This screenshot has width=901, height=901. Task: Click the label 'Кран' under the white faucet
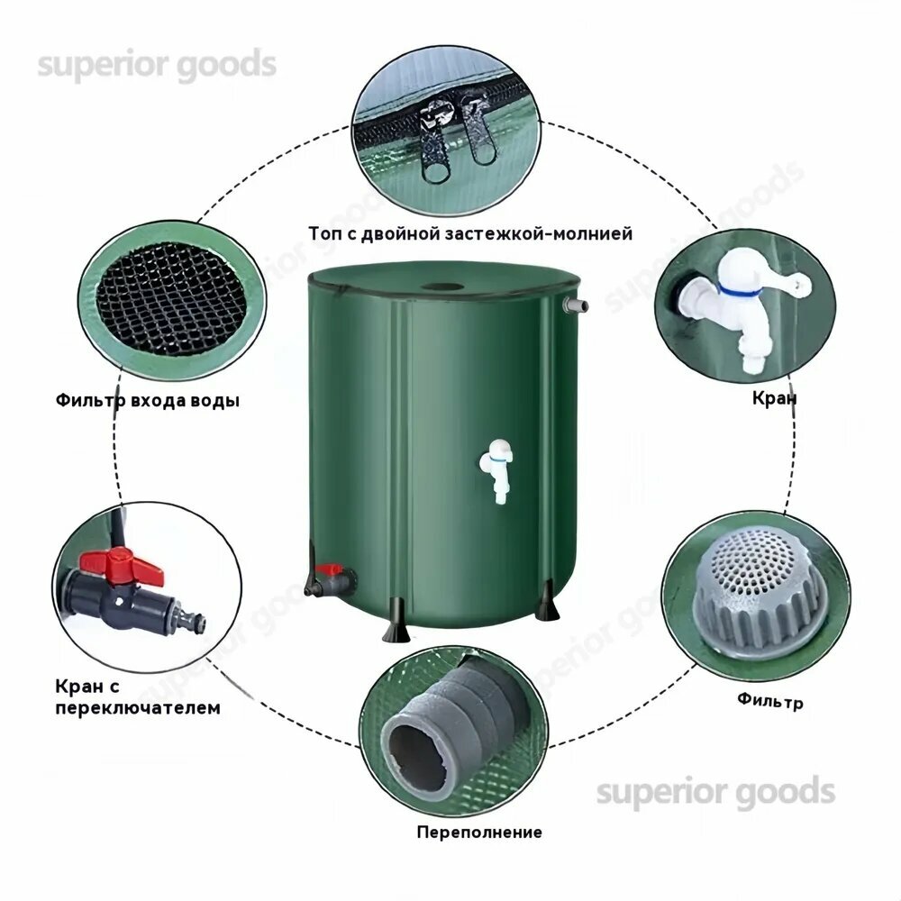775,397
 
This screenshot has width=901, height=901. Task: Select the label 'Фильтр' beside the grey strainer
769,700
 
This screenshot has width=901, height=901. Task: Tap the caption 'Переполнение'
479,831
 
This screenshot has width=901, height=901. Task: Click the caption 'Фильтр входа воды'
148,400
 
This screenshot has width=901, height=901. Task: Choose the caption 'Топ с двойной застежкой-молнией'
470,233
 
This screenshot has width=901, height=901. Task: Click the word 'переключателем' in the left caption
137,707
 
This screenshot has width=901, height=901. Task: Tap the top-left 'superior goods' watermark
156,66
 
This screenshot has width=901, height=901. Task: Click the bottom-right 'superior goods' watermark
715,792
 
